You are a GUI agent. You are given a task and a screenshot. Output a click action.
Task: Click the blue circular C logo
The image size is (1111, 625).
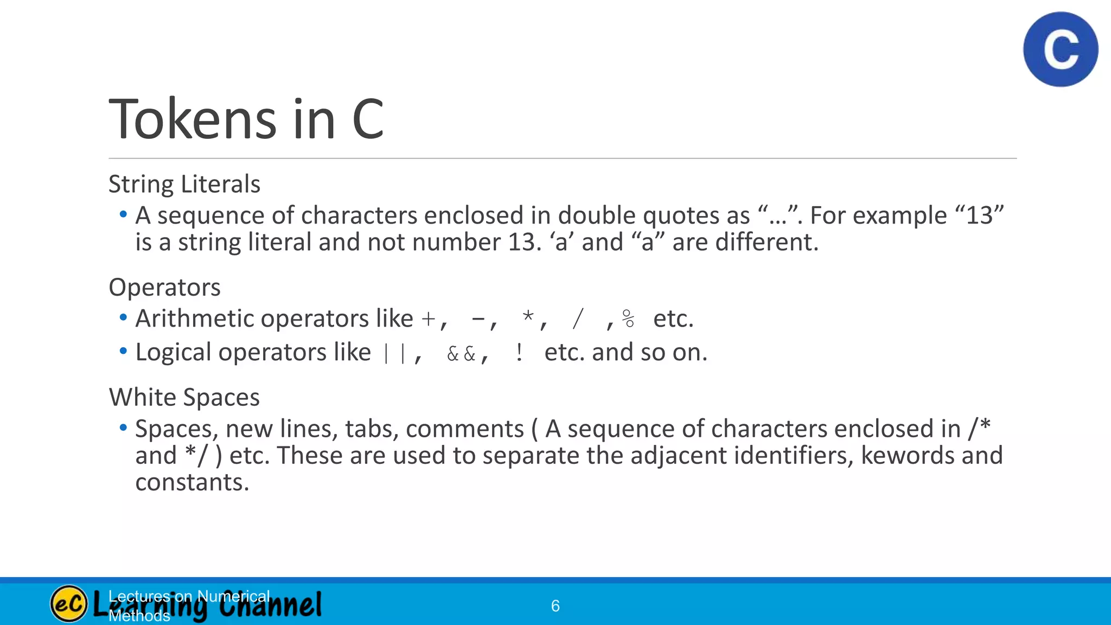tap(1061, 49)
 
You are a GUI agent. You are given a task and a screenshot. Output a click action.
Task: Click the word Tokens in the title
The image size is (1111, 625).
tap(193, 119)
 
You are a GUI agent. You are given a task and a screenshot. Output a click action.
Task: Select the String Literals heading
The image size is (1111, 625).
tap(184, 184)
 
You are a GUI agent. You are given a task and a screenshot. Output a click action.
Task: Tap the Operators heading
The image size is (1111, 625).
tap(164, 287)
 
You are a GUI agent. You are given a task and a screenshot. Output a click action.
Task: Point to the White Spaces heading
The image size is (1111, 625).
tap(184, 397)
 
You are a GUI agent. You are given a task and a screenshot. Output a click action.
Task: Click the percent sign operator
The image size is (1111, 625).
tap(628, 319)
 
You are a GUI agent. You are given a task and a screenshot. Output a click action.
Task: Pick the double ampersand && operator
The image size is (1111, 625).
tap(461, 354)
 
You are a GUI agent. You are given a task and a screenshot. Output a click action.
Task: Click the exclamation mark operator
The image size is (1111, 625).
tap(519, 353)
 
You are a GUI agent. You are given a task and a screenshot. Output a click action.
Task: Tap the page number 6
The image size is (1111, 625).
tap(555, 606)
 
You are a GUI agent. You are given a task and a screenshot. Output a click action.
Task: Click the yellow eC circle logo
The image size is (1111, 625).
tap(69, 604)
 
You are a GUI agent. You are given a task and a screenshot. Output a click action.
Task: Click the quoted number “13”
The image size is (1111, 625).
tap(980, 215)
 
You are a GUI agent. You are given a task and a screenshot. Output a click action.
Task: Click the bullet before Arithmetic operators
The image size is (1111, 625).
tap(123, 317)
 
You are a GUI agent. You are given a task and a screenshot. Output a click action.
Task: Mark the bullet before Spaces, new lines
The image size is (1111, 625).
tap(123, 428)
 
